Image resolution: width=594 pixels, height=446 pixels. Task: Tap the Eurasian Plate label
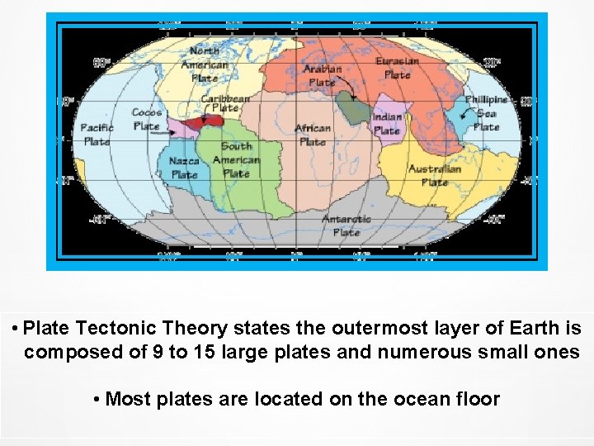tap(397, 68)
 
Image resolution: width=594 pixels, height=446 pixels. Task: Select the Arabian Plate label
tap(322, 75)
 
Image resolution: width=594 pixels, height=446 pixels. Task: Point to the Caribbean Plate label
tap(225, 103)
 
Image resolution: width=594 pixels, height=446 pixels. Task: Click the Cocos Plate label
tap(147, 119)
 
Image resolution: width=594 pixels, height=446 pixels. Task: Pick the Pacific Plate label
tap(97, 135)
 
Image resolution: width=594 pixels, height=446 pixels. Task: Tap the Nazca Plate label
tap(184, 168)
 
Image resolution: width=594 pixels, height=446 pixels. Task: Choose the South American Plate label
tap(236, 159)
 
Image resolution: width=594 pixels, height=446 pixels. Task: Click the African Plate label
tap(313, 135)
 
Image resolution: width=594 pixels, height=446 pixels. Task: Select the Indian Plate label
tap(387, 124)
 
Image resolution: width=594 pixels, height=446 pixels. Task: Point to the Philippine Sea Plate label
tap(486, 113)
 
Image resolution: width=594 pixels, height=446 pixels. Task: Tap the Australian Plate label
tap(435, 175)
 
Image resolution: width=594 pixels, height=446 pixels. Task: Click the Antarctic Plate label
tap(346, 225)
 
